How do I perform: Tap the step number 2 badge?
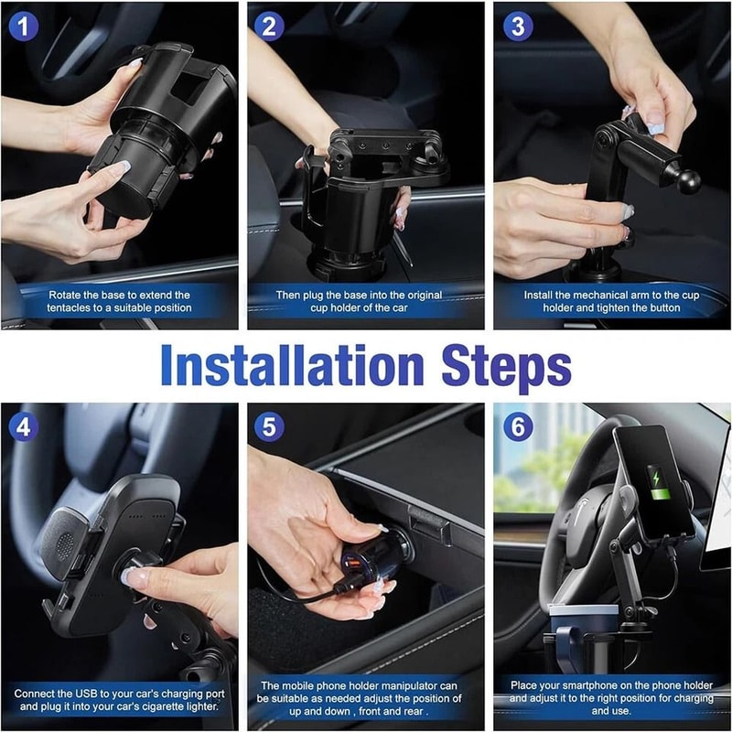[269, 26]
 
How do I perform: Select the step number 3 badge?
[518, 26]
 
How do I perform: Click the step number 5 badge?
[269, 426]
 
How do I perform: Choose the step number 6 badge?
[518, 426]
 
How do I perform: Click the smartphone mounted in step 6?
[652, 480]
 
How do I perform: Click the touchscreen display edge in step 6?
[719, 494]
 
